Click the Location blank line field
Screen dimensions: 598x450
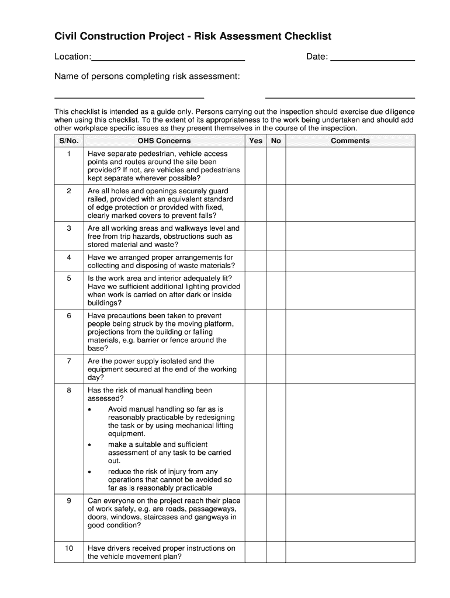(x=168, y=57)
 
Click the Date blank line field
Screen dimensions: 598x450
(x=372, y=57)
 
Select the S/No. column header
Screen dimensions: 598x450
(x=68, y=141)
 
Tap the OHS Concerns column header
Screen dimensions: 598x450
(x=164, y=141)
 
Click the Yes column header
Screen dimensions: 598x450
(x=256, y=141)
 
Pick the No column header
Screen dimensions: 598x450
(x=276, y=141)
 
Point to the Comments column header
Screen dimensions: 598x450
(x=350, y=141)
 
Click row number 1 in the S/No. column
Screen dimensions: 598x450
(x=68, y=154)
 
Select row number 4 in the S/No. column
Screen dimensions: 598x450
(x=68, y=258)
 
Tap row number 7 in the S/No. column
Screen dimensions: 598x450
(x=68, y=361)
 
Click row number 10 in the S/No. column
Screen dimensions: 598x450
(x=68, y=548)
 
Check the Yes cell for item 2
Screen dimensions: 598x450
(x=256, y=203)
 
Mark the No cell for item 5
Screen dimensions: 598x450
(x=276, y=290)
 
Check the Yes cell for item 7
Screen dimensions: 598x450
(x=256, y=369)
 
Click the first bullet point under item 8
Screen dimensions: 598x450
(x=89, y=410)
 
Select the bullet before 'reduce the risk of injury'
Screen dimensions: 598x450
(x=89, y=472)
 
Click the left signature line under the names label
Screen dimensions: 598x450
(x=129, y=97)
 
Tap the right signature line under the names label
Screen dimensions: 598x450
(x=340, y=97)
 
